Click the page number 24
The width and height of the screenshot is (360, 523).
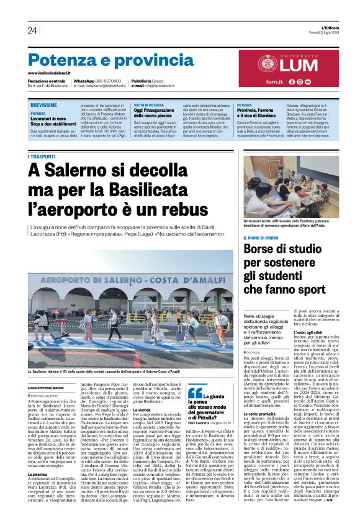[32, 30]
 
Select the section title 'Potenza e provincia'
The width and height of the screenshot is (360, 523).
[103, 60]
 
